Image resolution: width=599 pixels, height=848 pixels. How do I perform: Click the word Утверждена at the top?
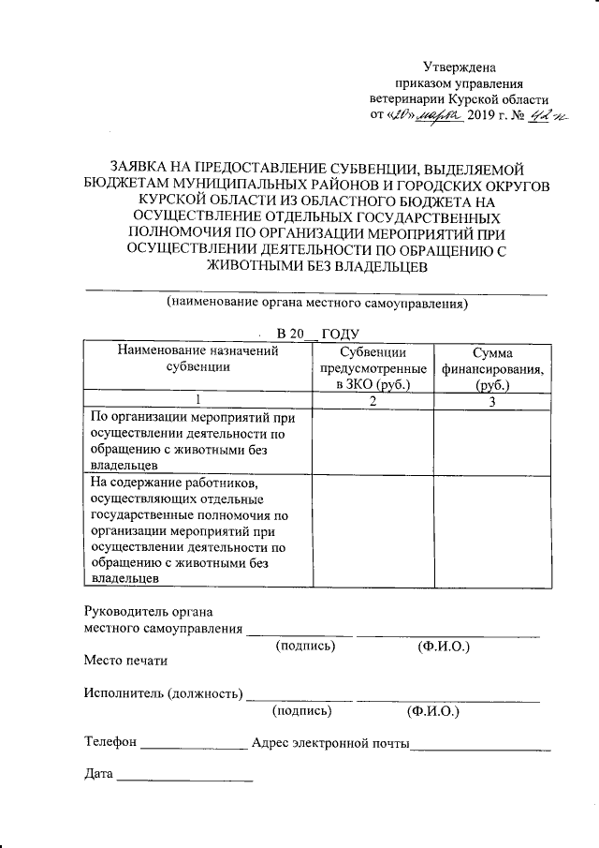[459, 67]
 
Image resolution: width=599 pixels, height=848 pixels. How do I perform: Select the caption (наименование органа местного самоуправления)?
[316, 304]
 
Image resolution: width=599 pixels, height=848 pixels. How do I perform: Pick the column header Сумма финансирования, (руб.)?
[491, 368]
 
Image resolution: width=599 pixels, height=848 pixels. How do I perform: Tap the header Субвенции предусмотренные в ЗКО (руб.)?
[372, 368]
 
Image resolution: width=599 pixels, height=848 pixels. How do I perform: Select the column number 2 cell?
[372, 401]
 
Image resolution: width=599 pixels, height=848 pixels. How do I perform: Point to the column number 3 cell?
[491, 401]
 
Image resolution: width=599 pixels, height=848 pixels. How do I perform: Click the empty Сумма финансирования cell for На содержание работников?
[491, 529]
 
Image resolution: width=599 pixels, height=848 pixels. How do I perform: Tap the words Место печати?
[125, 661]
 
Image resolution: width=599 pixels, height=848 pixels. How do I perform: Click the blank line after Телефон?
[194, 747]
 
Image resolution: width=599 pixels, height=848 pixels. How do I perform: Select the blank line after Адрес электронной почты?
[481, 747]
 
